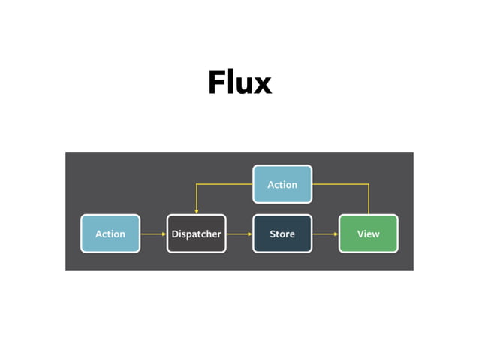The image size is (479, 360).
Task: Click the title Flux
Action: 239,82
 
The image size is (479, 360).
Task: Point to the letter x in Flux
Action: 261,85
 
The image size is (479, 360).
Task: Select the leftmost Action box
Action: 110,234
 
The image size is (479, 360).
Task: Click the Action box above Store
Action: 282,184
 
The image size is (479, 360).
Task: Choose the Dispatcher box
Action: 196,234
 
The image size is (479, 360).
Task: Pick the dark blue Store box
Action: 282,234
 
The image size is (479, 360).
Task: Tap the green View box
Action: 368,234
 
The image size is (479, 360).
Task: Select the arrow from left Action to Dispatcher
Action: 153,234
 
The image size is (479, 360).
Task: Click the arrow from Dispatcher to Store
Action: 239,234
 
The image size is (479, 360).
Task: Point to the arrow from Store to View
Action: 325,234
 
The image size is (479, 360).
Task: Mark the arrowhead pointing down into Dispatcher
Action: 196,211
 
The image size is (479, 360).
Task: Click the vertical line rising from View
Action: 368,200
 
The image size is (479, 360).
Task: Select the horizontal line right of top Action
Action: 340,184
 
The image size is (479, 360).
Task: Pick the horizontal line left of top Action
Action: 224,184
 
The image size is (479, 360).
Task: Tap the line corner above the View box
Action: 368,184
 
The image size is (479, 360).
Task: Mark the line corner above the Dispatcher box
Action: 196,184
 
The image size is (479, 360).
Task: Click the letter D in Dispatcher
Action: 175,234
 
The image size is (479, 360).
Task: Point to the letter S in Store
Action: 273,234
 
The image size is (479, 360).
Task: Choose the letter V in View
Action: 360,234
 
